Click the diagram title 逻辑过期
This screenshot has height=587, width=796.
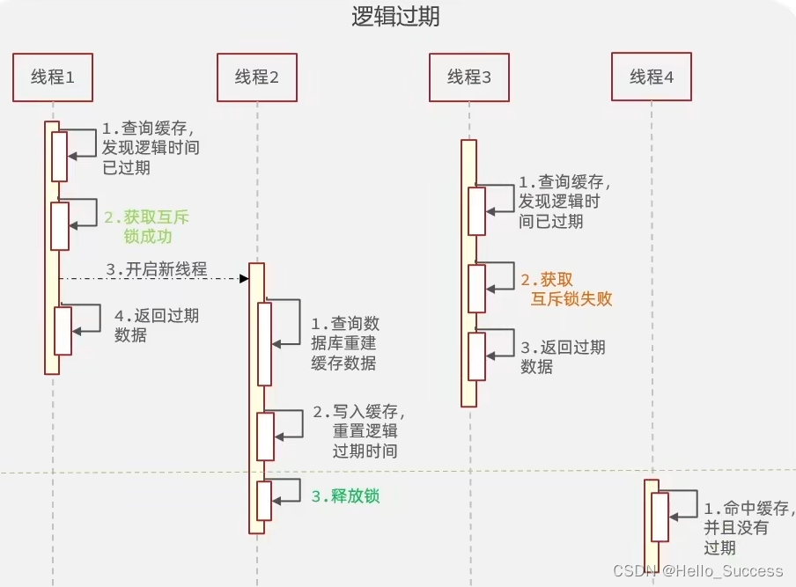point(397,18)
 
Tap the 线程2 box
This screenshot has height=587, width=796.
point(257,77)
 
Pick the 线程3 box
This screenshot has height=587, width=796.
point(469,77)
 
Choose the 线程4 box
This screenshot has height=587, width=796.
point(652,77)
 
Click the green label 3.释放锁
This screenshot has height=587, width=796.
point(345,496)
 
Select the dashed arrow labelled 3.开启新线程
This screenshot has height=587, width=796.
point(154,279)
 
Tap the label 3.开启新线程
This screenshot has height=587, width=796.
point(157,269)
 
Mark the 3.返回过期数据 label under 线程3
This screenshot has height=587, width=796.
point(563,356)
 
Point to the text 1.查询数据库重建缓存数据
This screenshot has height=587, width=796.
point(345,343)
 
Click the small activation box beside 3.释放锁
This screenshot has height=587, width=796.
point(264,501)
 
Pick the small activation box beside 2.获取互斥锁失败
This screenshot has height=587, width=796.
point(476,289)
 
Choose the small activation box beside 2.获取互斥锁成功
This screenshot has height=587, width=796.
point(60,226)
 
